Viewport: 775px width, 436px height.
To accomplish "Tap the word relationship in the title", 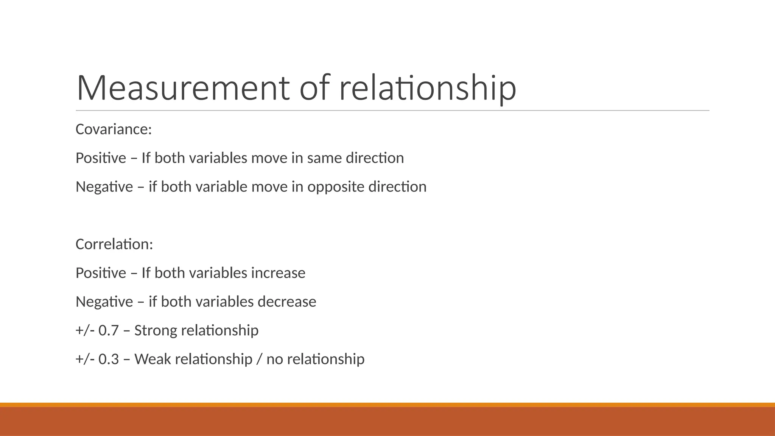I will coord(428,88).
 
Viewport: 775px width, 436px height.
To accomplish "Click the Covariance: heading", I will coord(114,129).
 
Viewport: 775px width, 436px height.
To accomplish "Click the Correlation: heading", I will coord(114,244).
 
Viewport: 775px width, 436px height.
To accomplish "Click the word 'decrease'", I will coord(287,302).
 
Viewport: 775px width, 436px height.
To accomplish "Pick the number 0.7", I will coord(109,330).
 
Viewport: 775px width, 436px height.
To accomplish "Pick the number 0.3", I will coord(109,359).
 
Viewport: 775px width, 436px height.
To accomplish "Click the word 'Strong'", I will coord(156,330).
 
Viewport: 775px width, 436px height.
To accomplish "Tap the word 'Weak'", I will coord(153,359).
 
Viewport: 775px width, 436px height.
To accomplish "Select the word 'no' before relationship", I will coord(275,359).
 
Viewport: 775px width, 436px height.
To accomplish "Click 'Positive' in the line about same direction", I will coord(101,158).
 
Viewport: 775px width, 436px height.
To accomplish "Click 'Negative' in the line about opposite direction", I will coord(104,187).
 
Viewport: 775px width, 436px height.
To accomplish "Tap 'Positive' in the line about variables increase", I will coord(101,273).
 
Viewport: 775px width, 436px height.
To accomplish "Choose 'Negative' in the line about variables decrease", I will coord(104,302).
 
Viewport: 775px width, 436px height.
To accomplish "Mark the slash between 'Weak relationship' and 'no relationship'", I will coord(259,359).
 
